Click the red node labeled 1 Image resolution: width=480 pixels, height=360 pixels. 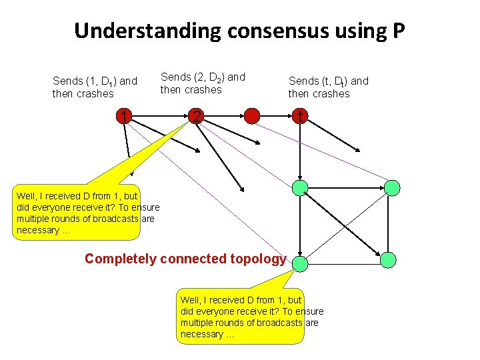coord(123,117)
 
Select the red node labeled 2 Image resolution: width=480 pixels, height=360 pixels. coord(195,117)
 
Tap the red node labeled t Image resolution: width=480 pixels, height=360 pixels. coord(301,117)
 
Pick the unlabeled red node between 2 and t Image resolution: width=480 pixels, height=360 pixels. coord(251,117)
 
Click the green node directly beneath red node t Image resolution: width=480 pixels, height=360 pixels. coord(301,188)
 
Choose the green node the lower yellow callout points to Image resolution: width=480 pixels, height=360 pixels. coord(301,263)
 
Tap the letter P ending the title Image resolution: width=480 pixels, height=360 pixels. coord(398,31)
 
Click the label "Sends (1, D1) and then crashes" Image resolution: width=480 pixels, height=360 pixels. coord(95,87)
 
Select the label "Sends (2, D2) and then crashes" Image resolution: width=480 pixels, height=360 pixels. coord(203,83)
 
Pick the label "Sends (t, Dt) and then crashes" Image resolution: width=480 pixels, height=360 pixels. coord(328,87)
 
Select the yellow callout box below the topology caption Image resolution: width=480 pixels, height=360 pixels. coord(240,317)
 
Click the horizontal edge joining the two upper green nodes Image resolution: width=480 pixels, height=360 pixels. coord(346,188)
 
